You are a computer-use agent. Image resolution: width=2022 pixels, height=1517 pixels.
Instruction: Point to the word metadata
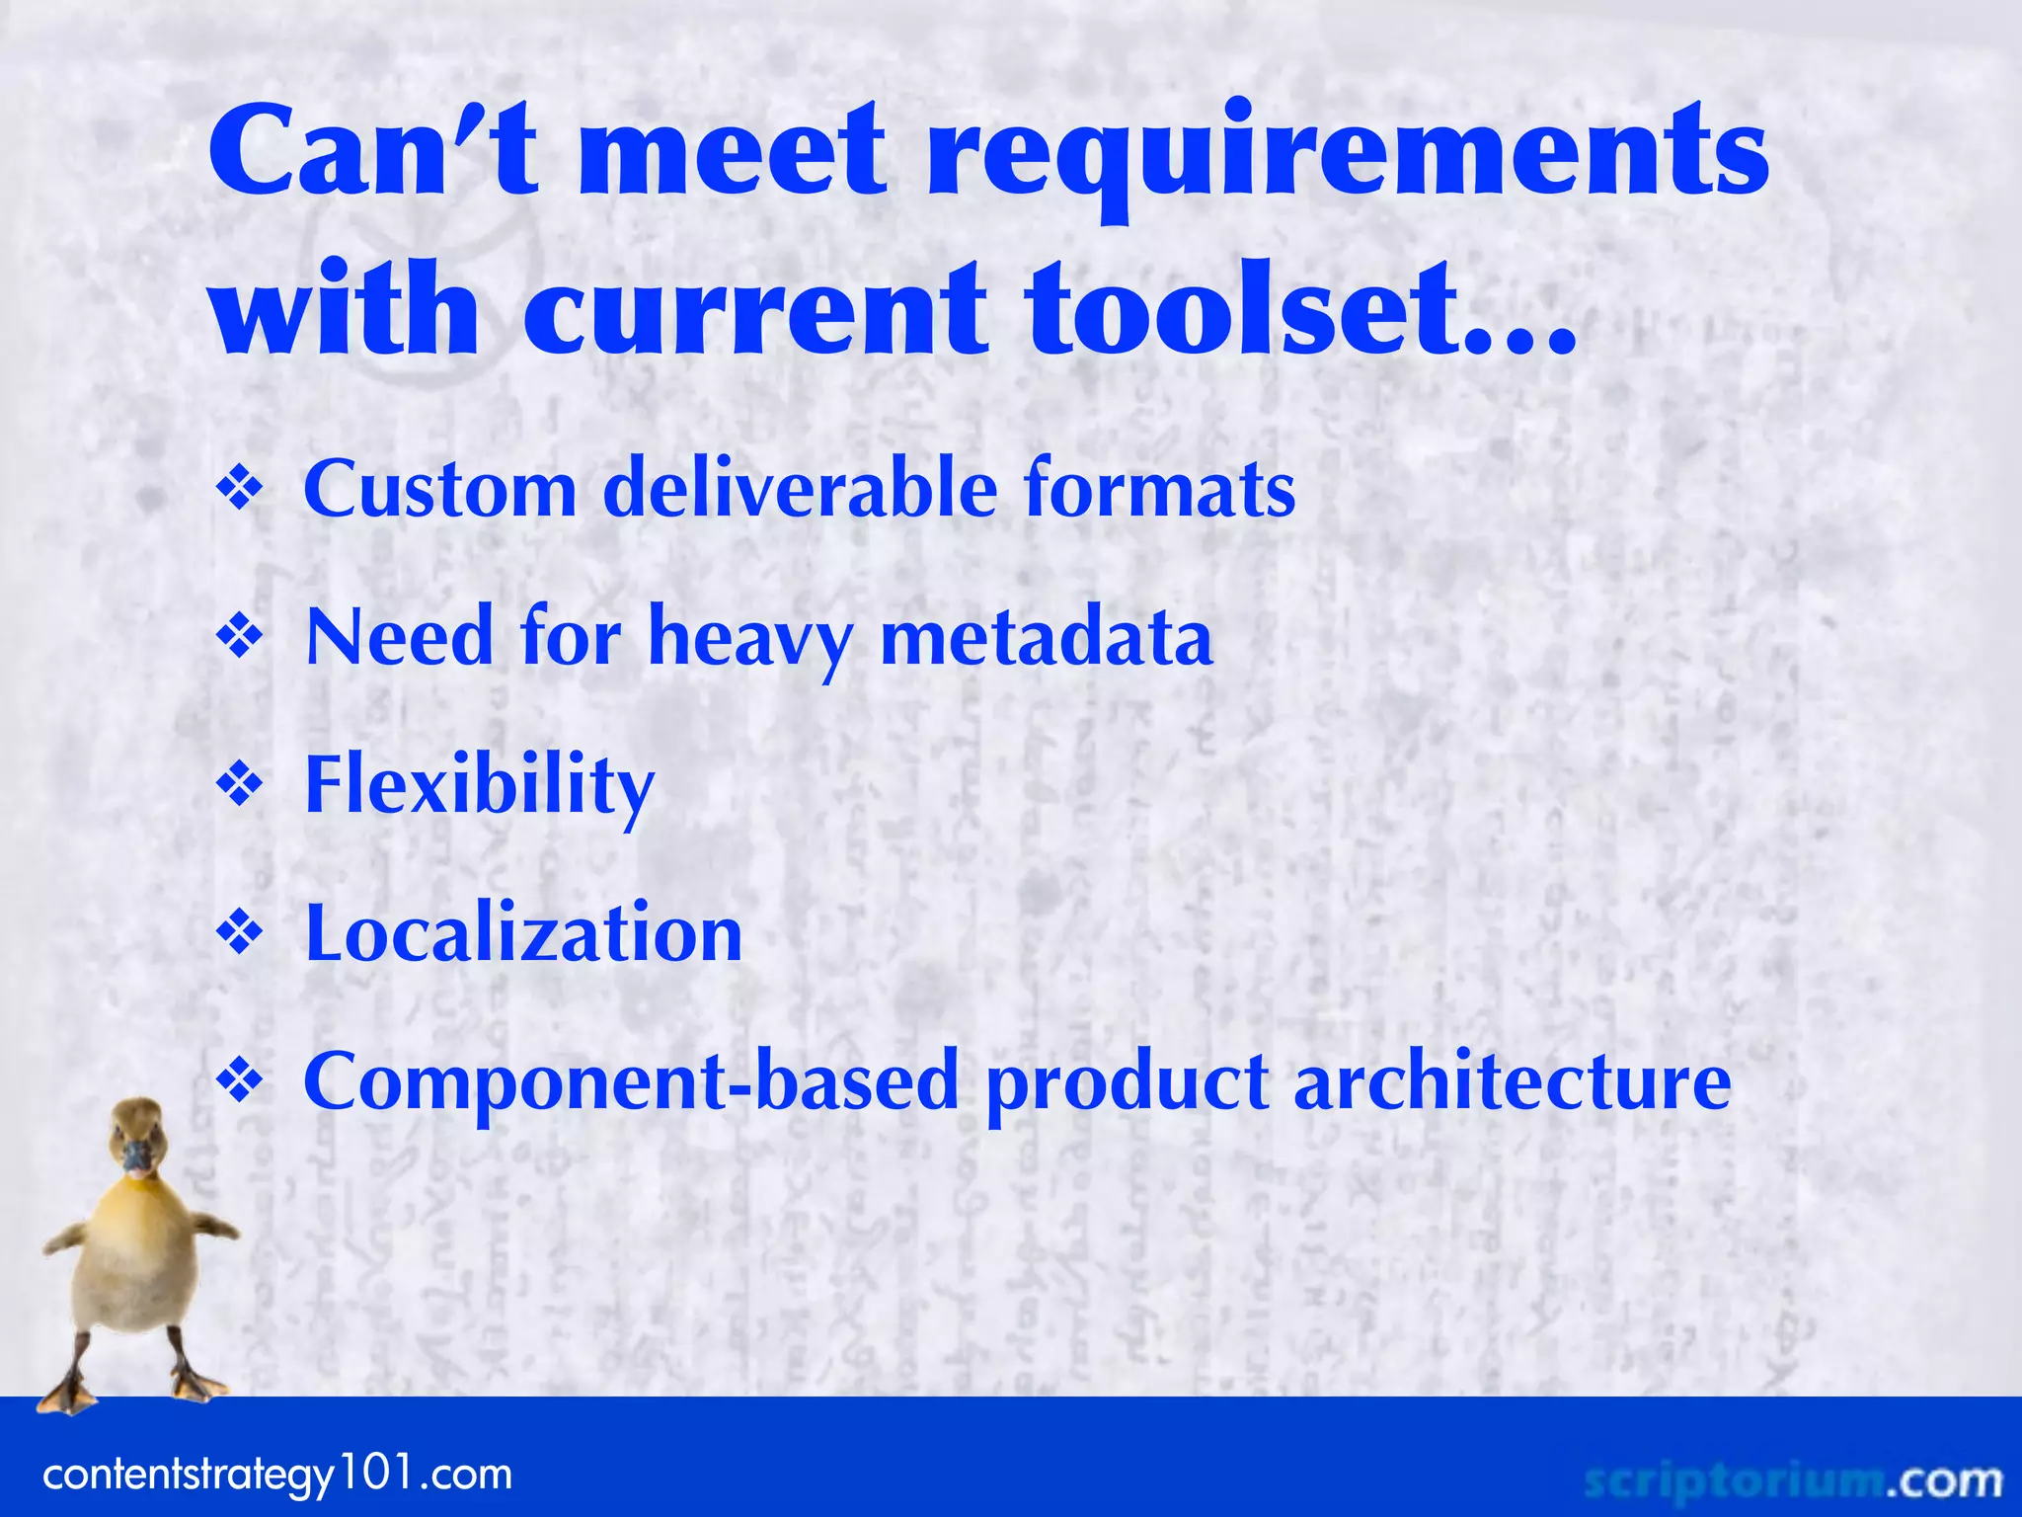click(1046, 638)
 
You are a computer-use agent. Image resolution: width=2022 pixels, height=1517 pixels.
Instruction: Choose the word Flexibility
click(480, 786)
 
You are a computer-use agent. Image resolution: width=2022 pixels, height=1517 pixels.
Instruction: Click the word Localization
click(523, 933)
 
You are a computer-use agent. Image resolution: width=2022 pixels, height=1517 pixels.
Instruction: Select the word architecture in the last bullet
click(1512, 1081)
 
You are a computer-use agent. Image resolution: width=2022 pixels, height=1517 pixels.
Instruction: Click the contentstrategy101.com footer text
click(277, 1476)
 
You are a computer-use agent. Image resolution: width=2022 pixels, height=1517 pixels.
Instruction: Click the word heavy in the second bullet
click(750, 640)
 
